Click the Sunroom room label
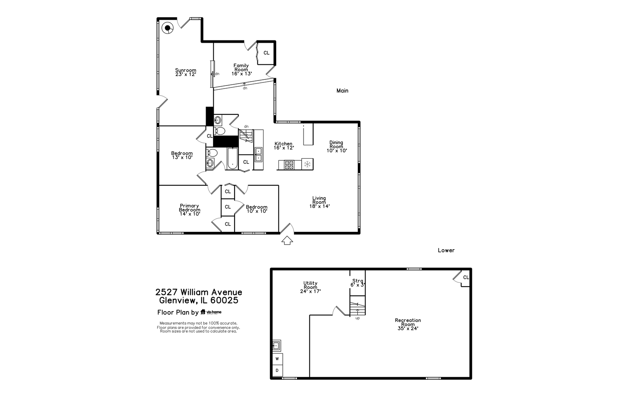186,72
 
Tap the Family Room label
242,69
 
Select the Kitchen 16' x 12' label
283,146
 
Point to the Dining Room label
336,146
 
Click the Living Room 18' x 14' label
319,202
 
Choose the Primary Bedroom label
190,210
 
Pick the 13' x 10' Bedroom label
182,155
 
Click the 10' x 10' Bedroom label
257,209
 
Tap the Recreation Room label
408,324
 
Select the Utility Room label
310,287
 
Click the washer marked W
277,359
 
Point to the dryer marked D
277,371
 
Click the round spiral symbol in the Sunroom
168,28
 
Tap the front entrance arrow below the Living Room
287,241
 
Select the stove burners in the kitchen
289,165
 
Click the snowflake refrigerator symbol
307,164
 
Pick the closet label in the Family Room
266,53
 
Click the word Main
342,91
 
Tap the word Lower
446,250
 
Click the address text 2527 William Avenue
199,292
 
